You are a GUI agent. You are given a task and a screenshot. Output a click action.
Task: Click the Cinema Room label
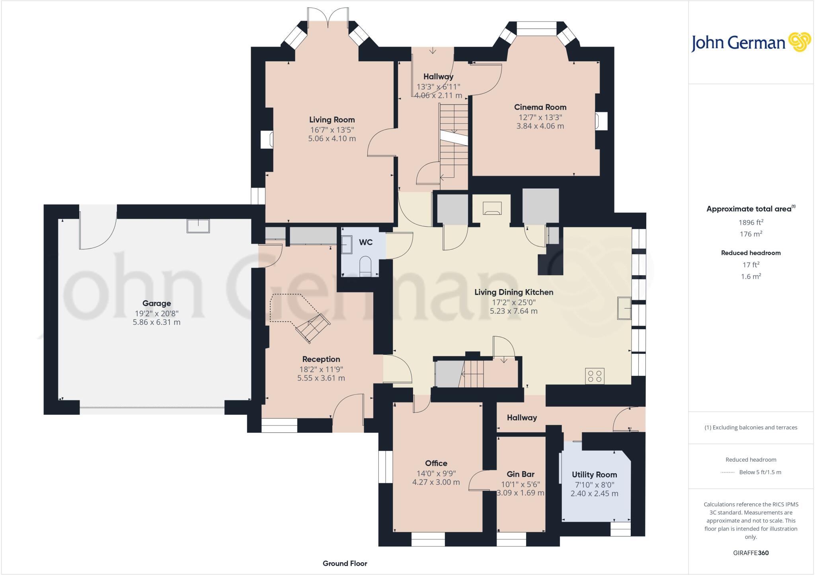click(x=540, y=107)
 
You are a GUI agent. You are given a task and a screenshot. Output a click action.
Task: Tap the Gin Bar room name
click(x=520, y=474)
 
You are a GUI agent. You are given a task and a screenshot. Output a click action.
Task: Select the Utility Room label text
click(x=594, y=474)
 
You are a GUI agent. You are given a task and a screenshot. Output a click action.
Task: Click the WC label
click(x=365, y=242)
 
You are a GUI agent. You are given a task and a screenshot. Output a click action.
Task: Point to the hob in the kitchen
click(x=595, y=376)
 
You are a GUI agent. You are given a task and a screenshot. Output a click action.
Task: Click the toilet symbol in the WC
click(x=365, y=265)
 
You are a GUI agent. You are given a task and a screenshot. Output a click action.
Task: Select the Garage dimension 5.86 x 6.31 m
click(x=156, y=322)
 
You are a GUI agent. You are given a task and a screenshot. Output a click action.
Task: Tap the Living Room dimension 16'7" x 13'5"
click(x=332, y=130)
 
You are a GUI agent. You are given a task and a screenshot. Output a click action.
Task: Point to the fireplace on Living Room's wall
click(x=267, y=140)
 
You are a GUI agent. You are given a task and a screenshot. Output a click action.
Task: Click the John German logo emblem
click(x=799, y=42)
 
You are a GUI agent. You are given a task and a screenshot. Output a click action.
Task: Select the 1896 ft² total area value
click(x=751, y=222)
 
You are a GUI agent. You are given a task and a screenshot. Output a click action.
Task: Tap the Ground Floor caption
click(x=345, y=563)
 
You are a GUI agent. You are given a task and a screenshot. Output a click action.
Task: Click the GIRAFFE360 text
click(x=751, y=553)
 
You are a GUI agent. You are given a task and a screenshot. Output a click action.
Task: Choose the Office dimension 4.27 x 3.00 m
click(x=436, y=482)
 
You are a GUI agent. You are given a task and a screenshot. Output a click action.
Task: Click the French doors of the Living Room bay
click(x=328, y=18)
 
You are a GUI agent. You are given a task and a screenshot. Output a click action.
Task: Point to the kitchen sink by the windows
click(x=624, y=308)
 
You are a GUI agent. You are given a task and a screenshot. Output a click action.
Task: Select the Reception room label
click(x=321, y=359)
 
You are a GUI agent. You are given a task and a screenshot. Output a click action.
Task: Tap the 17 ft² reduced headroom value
click(x=751, y=264)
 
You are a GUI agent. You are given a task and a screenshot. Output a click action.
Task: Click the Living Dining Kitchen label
click(x=513, y=292)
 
